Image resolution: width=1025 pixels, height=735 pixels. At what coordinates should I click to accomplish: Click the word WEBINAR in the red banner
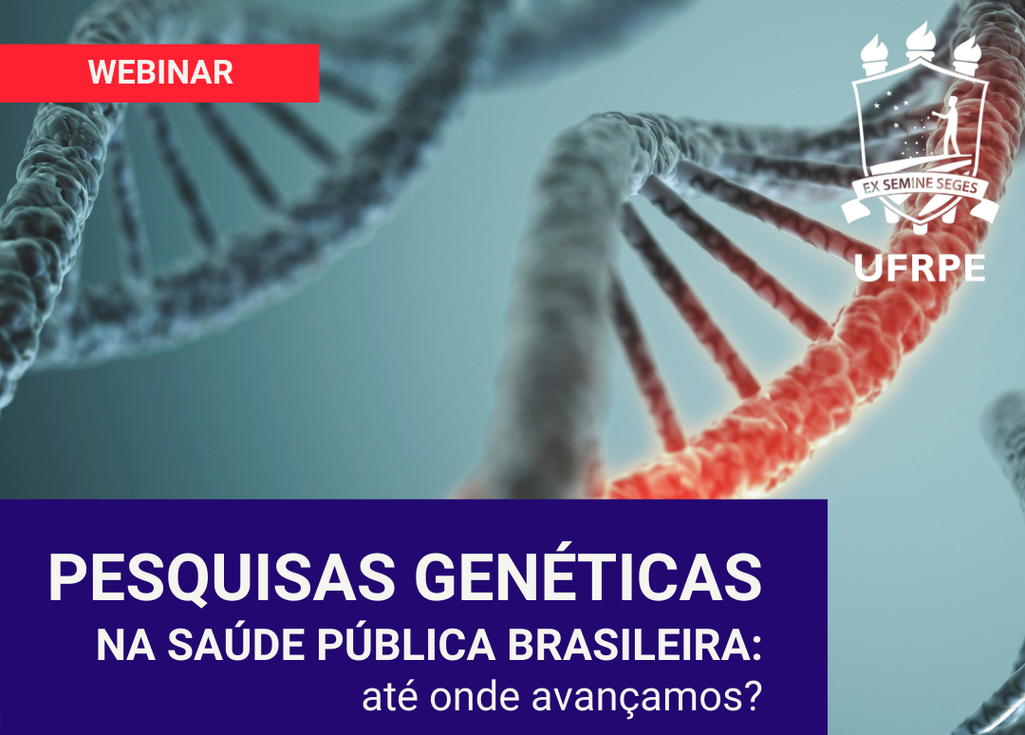[160, 72]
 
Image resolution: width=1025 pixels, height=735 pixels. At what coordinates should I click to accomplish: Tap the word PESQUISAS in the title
[221, 578]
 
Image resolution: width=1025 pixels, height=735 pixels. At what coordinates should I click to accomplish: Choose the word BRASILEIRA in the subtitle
[628, 645]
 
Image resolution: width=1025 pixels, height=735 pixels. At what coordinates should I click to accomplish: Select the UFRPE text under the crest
[920, 268]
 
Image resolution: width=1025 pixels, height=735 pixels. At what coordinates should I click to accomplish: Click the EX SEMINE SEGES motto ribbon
[920, 192]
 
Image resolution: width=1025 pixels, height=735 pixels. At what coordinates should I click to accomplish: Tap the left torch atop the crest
[874, 53]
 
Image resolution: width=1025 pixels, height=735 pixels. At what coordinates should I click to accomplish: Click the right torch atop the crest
[966, 53]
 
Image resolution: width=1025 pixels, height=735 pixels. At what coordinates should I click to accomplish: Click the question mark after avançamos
[753, 696]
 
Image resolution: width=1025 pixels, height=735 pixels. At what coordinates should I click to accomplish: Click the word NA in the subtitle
[125, 645]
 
